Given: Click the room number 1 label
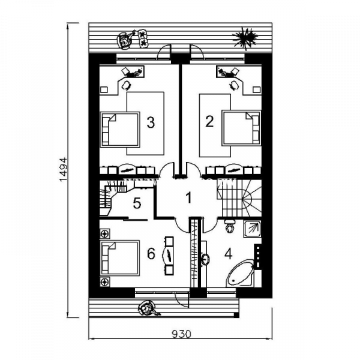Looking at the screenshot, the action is pos(189,197).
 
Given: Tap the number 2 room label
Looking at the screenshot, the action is pos(209,122).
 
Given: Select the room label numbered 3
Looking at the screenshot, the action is pos(151,122).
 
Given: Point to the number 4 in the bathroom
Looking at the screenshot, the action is pos(228,254).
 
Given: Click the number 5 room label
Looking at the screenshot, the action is pos(137,203).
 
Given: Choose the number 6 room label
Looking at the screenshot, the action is pos(151,254).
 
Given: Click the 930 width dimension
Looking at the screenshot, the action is pos(181,334).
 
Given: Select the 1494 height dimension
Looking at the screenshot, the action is pos(64,169).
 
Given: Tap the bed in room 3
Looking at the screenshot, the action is pos(120,130).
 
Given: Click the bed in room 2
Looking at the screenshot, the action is pos(242,128).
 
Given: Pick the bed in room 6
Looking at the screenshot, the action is pos(120,257).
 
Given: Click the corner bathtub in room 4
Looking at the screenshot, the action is pos(241,274).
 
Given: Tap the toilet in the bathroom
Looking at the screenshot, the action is pos(230,226).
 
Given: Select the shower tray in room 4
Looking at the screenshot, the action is pos(253,229).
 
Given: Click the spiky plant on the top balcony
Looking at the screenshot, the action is pos(245,38).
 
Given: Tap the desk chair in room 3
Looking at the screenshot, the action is pos(126,85).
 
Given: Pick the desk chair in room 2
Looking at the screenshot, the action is pos(234,85).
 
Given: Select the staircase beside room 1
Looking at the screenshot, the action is pos(239,197).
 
